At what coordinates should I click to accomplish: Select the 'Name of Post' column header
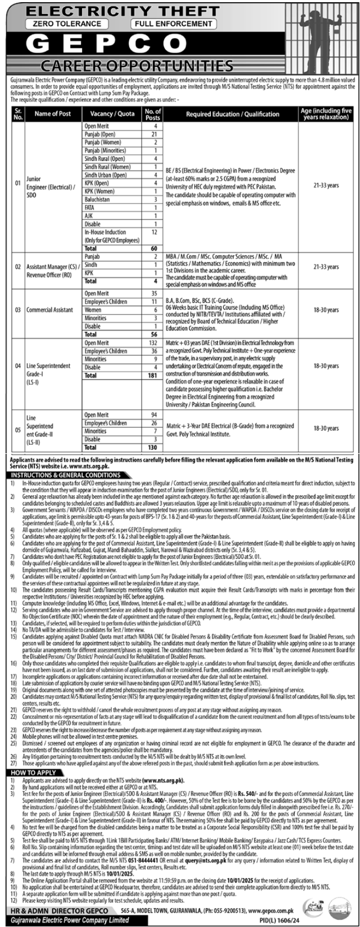pos(53,114)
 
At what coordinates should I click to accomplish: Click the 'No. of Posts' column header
pos(152,114)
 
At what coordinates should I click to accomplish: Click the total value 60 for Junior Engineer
pos(153,249)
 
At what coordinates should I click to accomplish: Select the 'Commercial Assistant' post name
pos(50,310)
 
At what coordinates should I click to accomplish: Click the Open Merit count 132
pos(152,343)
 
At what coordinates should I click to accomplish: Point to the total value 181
pos(152,376)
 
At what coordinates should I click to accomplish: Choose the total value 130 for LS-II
pos(152,447)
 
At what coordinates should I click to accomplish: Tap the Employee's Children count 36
pos(153,351)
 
